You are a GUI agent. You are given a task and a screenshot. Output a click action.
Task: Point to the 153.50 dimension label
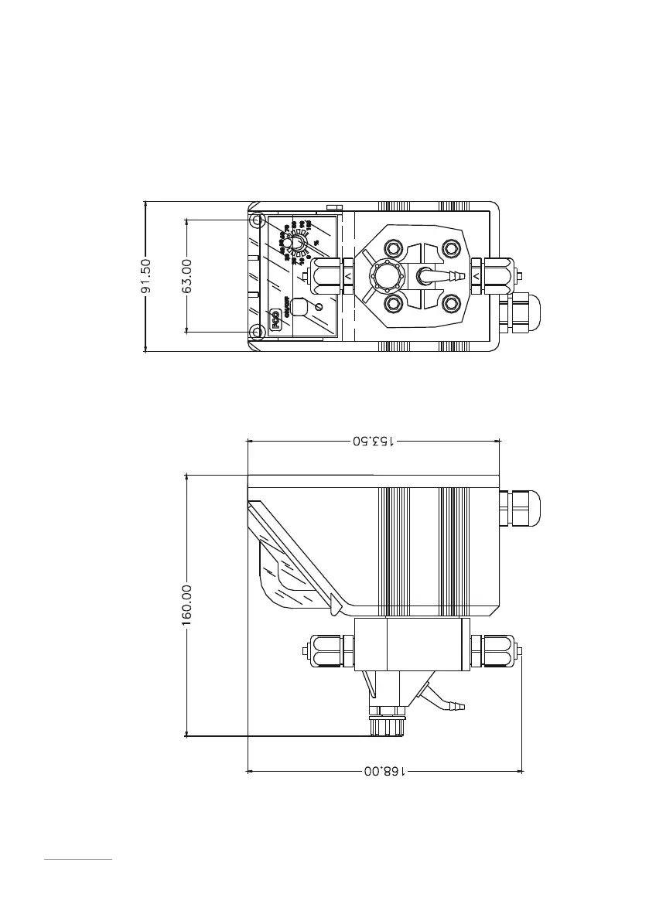click(374, 442)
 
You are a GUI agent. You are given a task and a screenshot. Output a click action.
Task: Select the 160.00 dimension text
click(186, 606)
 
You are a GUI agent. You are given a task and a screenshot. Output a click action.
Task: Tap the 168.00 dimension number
click(384, 771)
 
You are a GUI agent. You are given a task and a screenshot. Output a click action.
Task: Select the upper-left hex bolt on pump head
click(392, 249)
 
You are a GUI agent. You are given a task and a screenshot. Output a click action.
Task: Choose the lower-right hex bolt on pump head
click(451, 302)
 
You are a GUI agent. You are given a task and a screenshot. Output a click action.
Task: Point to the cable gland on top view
click(520, 311)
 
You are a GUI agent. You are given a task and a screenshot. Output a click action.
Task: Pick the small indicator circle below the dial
click(320, 307)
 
